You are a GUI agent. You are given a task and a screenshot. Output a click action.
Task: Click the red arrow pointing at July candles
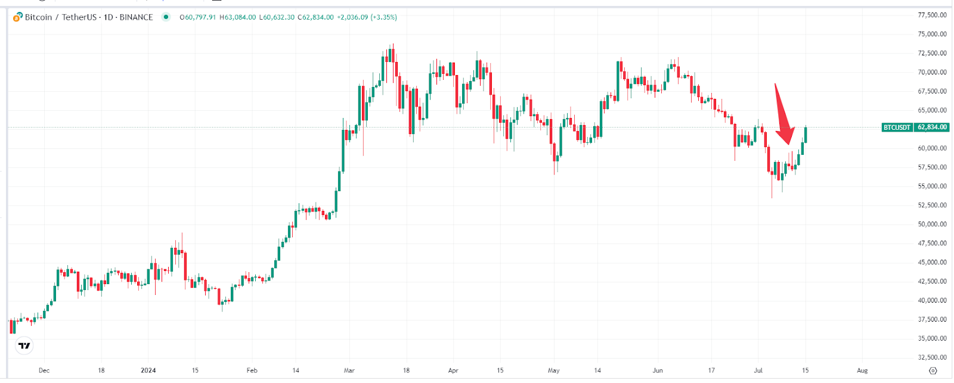click(x=783, y=116)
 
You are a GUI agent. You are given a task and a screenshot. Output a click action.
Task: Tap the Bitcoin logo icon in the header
click(x=18, y=17)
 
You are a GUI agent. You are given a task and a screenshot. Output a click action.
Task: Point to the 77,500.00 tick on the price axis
click(x=932, y=15)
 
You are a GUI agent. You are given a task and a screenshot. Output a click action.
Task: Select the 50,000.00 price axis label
click(x=932, y=224)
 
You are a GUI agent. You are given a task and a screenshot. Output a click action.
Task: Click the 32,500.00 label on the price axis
click(x=932, y=357)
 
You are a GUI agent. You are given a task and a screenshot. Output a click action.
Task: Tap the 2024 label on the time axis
click(x=148, y=370)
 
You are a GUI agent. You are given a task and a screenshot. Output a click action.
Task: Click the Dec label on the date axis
click(x=44, y=370)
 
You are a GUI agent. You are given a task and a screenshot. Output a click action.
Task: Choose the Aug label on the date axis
click(x=862, y=370)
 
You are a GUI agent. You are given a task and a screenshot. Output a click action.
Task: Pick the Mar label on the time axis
click(x=349, y=370)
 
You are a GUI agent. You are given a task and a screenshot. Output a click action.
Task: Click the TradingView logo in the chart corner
click(x=24, y=345)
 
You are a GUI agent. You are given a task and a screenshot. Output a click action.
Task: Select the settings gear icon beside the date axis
click(x=933, y=370)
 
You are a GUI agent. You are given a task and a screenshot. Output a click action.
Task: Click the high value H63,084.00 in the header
click(x=238, y=17)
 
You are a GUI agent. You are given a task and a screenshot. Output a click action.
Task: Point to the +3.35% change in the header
click(x=383, y=17)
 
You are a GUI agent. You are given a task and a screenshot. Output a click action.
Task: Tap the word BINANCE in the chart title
click(x=136, y=17)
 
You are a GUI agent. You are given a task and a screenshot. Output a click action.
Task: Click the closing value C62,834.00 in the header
click(x=316, y=17)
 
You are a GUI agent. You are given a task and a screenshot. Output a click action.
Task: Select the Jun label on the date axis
click(x=658, y=370)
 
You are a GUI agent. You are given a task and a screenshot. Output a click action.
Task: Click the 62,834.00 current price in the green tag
click(x=932, y=127)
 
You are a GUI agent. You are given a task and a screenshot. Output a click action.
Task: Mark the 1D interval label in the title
click(x=109, y=17)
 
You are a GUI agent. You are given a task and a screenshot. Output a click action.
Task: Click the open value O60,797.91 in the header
click(x=198, y=17)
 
